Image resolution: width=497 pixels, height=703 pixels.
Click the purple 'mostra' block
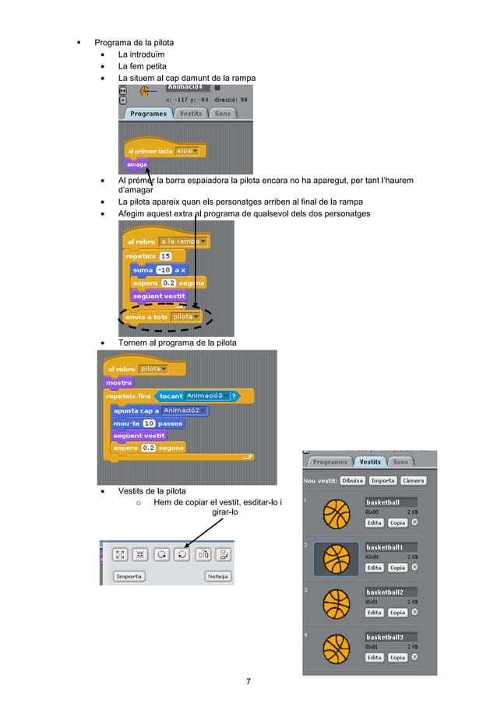[119, 382]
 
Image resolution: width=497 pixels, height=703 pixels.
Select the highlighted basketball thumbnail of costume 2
[337, 559]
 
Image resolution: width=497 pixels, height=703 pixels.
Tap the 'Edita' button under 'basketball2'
[375, 613]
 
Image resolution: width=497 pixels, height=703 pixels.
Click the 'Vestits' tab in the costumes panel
[369, 462]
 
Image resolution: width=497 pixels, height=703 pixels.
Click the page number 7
[248, 682]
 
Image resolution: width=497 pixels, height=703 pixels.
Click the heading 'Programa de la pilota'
[134, 41]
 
